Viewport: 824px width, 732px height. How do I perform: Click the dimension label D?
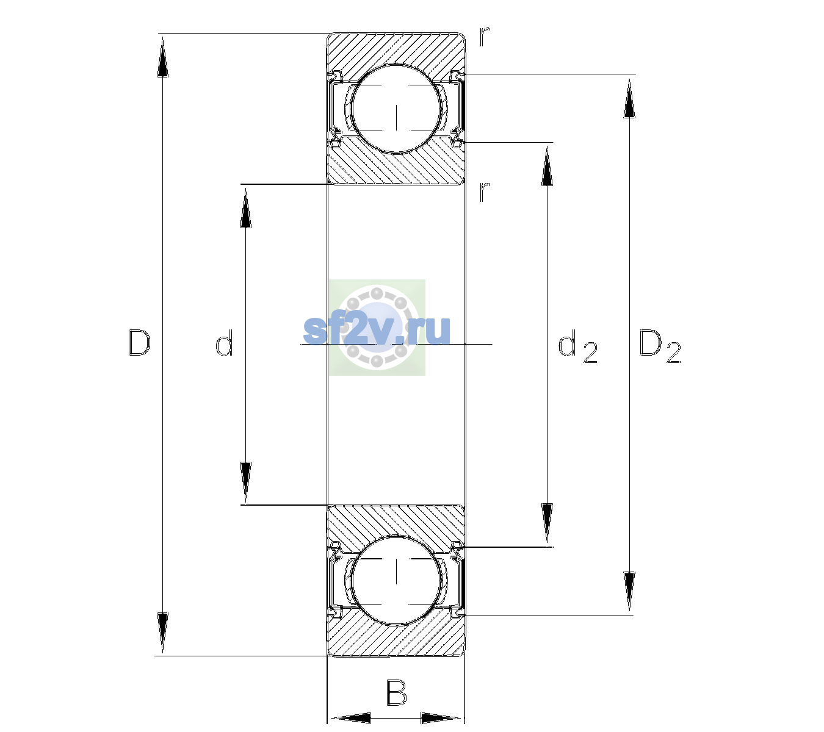(139, 343)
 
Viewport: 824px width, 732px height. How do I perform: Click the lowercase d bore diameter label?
(224, 343)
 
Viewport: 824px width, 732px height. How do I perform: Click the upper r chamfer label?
(485, 37)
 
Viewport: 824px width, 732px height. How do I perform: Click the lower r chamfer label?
(485, 192)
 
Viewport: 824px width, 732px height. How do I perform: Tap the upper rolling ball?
(397, 109)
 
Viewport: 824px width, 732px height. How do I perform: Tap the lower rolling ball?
(397, 580)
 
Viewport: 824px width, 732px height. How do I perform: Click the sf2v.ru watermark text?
(377, 331)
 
